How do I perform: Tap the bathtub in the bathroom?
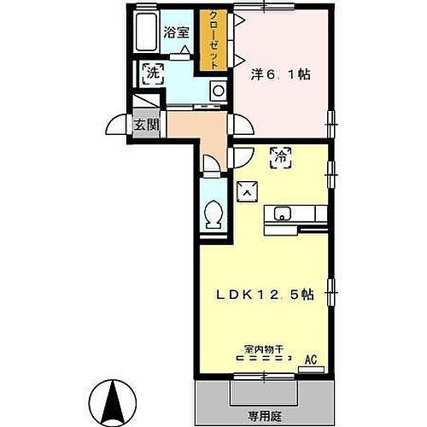pos(146,35)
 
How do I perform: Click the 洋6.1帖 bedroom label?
pos(279,74)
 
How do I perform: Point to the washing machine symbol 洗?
pos(152,73)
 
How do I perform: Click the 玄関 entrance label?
pos(146,124)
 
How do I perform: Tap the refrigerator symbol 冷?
pos(279,155)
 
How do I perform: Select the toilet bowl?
pos(214,213)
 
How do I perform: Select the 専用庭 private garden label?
pos(264,417)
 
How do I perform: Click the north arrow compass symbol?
pos(114,400)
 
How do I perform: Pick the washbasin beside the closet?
pos(218,90)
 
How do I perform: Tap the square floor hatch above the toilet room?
pos(245,192)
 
